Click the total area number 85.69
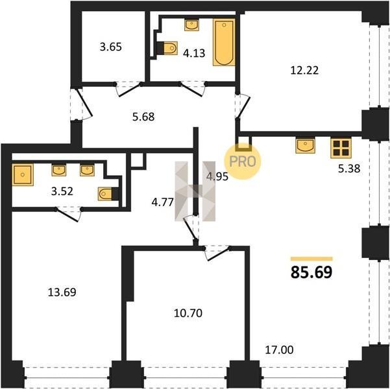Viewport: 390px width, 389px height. [x=311, y=272]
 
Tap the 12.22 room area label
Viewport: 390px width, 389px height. [x=304, y=70]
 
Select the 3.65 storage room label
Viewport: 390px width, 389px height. [x=111, y=47]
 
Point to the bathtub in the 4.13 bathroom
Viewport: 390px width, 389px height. [x=224, y=42]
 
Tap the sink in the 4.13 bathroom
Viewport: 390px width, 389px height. [x=191, y=25]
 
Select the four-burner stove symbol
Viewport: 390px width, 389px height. [x=341, y=148]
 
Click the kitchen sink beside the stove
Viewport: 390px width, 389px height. [x=305, y=146]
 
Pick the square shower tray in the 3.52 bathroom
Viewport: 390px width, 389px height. [x=23, y=175]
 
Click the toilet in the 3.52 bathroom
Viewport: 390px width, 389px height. [x=108, y=194]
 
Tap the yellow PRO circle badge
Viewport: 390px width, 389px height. [x=243, y=161]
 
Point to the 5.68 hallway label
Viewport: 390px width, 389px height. [x=143, y=117]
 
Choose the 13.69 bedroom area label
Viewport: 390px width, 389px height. [x=62, y=292]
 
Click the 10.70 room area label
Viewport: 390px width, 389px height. [x=188, y=313]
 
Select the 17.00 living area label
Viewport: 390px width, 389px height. [x=279, y=350]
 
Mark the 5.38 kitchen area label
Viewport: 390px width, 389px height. [x=349, y=169]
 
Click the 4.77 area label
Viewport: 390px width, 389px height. [x=162, y=202]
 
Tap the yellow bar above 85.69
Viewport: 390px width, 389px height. [x=311, y=259]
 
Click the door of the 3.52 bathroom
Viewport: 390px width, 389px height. [x=67, y=214]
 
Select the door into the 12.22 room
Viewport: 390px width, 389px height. [x=243, y=106]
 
